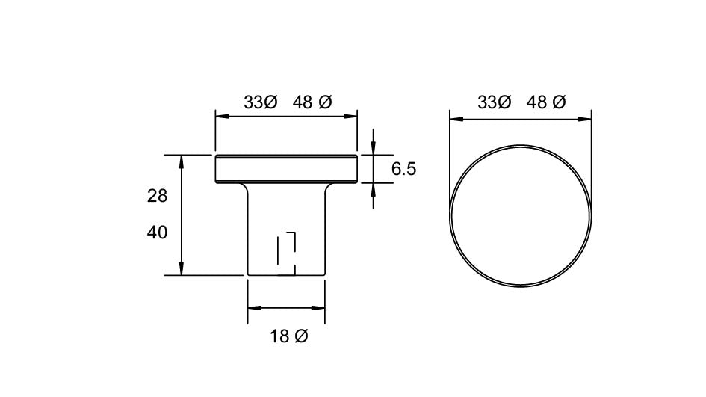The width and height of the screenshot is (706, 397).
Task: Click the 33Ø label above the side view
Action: [260, 103]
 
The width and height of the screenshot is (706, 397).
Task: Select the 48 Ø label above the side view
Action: [312, 103]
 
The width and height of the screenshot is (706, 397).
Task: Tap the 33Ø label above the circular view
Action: [494, 103]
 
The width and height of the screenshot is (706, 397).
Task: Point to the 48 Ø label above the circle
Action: [546, 103]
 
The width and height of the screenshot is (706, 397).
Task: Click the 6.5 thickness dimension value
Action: [403, 170]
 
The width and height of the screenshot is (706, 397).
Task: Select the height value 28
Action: [157, 197]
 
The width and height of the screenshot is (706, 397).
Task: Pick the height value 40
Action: [157, 233]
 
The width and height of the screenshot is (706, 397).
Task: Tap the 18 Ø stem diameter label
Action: [288, 337]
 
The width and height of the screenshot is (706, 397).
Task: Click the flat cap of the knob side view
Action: [285, 169]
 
